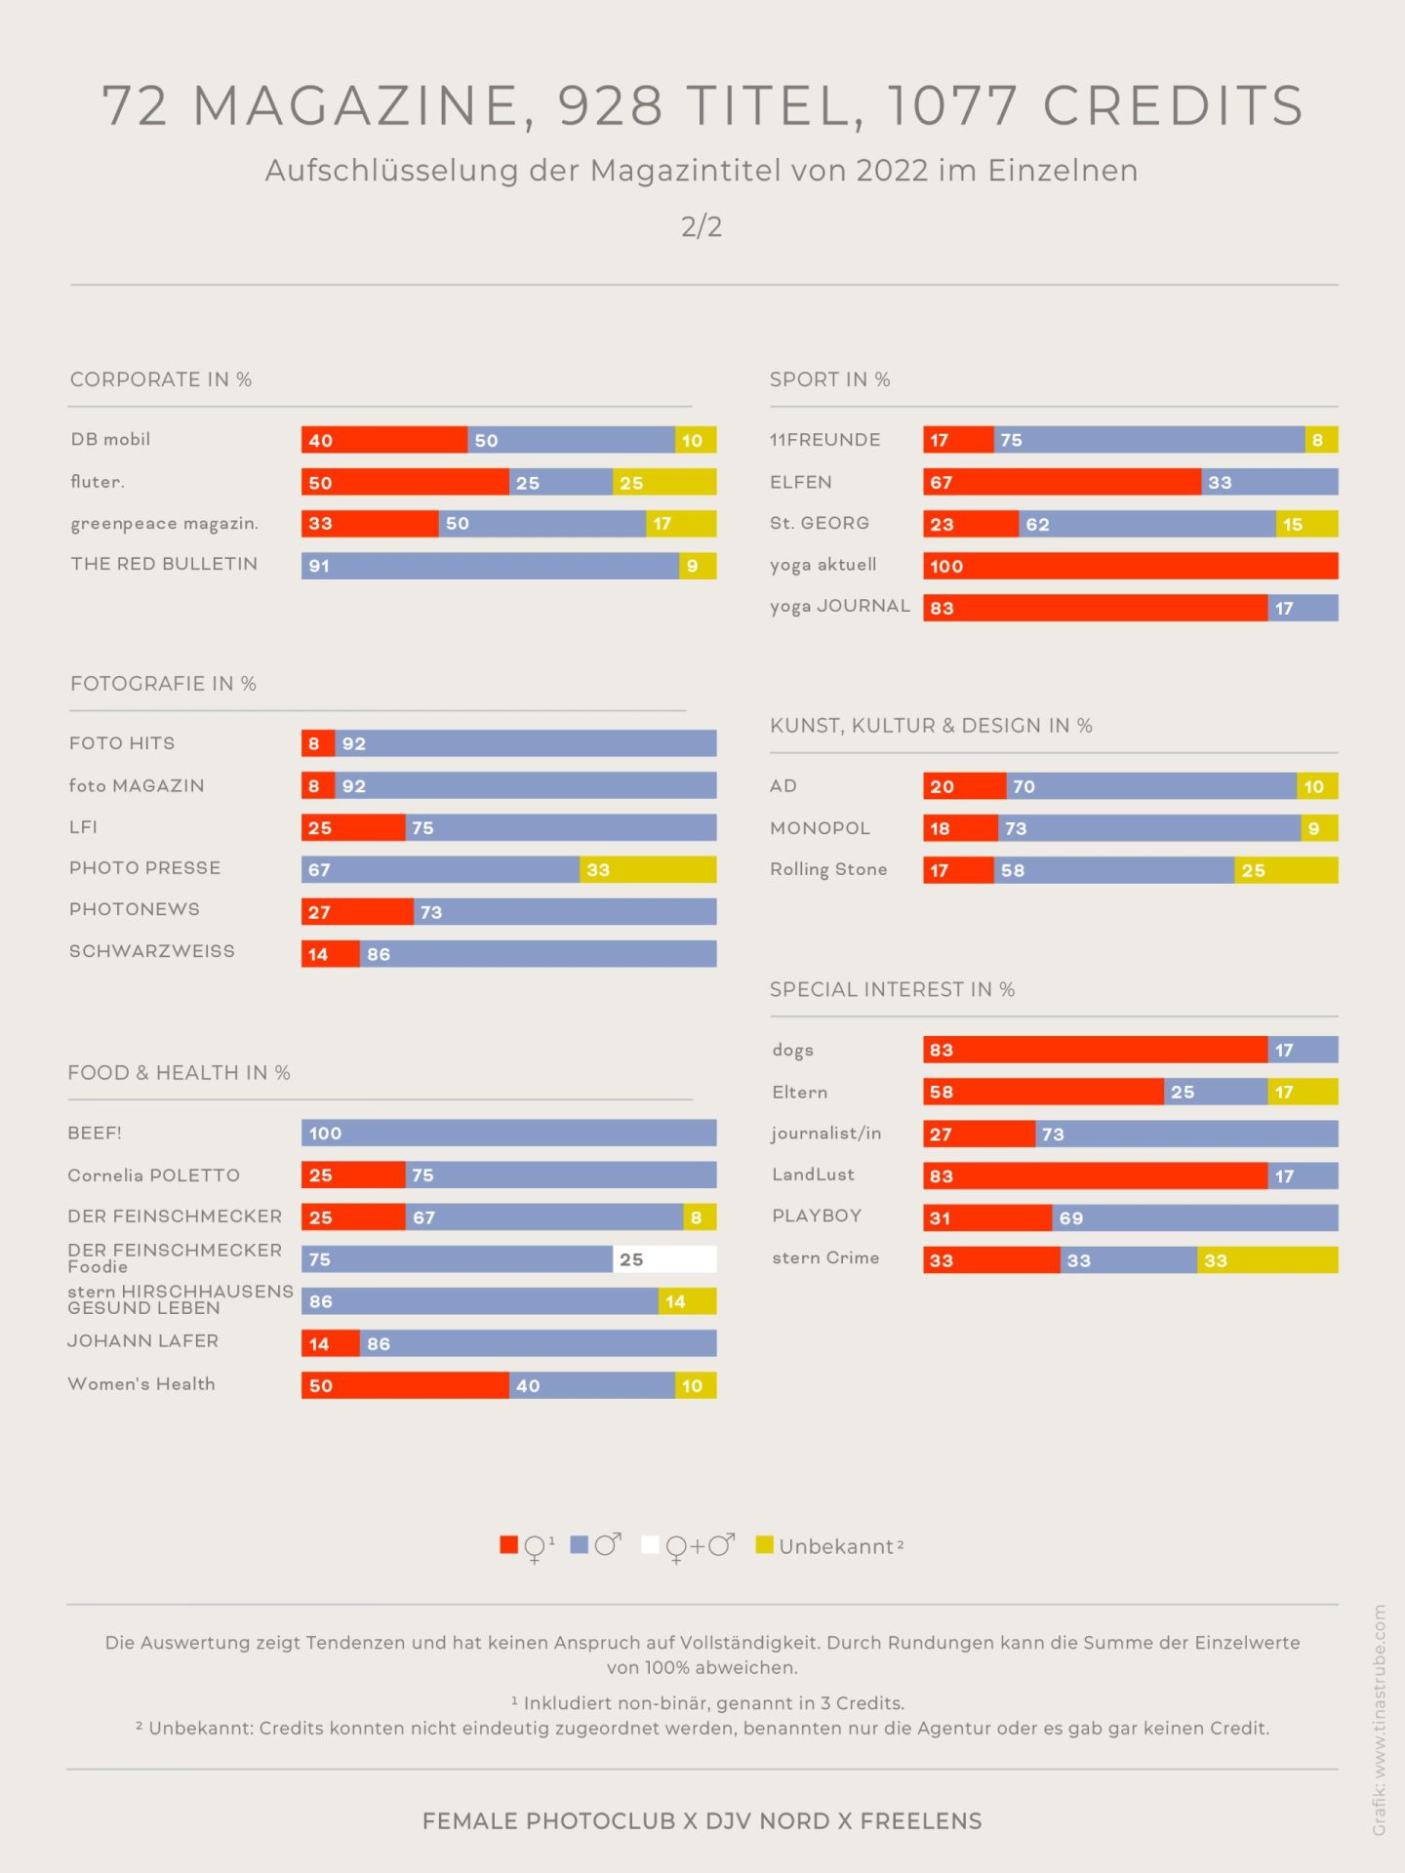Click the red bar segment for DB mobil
tap(384, 440)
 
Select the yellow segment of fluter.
tap(664, 482)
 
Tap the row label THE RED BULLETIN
tap(164, 564)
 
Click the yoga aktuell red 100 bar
tap(1130, 566)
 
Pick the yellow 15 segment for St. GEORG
tap(1306, 524)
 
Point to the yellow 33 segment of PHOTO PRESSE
tap(648, 869)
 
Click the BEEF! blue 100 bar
tap(508, 1133)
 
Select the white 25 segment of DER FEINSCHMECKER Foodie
tap(664, 1259)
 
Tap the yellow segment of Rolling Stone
tap(1286, 870)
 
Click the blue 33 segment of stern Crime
tap(1128, 1260)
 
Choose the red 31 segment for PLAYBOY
tap(987, 1217)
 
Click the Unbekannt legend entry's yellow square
tap(765, 1545)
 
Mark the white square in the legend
tap(650, 1545)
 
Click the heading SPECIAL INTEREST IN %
tap(892, 989)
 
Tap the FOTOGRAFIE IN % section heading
tap(163, 684)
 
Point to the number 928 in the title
tap(611, 105)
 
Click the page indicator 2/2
tap(702, 226)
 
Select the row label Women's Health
tap(141, 1384)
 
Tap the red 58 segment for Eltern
tap(1043, 1092)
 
